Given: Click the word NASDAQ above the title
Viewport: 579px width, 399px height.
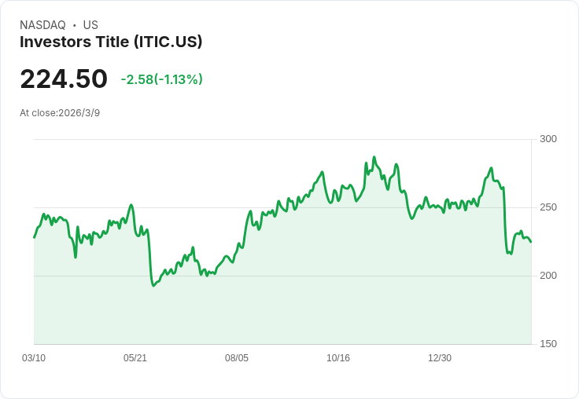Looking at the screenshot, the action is tap(42, 25).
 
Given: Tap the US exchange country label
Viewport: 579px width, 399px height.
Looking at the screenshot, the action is tap(90, 25).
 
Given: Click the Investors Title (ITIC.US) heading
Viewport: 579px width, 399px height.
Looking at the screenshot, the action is tap(111, 42).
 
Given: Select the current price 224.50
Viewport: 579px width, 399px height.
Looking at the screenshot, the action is tap(64, 79).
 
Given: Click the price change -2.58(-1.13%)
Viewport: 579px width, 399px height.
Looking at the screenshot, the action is tap(162, 79).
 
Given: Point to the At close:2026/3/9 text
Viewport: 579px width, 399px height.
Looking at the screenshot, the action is tap(60, 113).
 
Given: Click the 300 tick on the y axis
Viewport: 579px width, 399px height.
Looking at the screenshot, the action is tap(548, 139).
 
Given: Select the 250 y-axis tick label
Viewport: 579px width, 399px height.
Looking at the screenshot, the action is tap(548, 207).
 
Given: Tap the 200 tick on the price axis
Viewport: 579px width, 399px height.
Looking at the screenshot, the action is tap(548, 276).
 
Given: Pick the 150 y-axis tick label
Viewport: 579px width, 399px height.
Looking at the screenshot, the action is tap(548, 344).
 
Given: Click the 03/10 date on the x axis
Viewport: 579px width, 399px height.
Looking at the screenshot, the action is tap(34, 358).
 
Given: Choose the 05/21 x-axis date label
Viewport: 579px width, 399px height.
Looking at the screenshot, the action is tap(135, 358).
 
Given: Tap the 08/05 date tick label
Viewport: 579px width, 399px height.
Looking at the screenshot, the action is tap(237, 358).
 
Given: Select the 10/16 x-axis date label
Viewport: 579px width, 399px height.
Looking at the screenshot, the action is tap(338, 358).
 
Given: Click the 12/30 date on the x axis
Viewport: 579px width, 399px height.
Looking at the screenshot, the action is tap(440, 358).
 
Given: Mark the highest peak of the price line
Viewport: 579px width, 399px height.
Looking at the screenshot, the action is tap(374, 157).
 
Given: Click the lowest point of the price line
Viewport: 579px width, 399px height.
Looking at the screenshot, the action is tap(153, 286).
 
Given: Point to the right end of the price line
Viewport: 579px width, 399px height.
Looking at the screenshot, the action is tap(531, 242).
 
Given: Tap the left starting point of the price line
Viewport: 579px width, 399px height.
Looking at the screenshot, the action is tap(34, 237).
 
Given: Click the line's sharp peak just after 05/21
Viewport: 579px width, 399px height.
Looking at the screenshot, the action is tap(131, 205).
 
